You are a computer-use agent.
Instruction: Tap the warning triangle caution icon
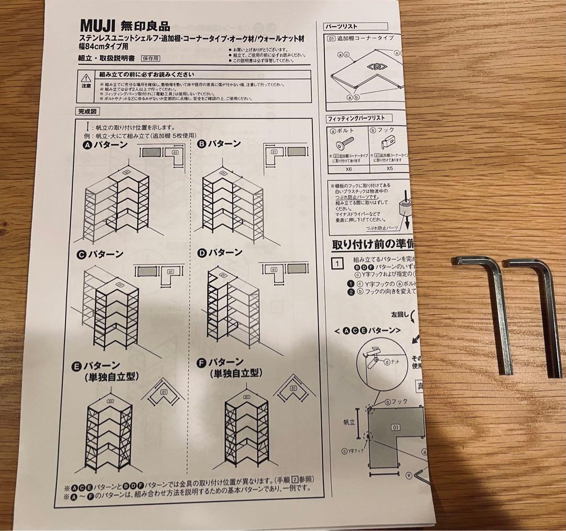[86, 77]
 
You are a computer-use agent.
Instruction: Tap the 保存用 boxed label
[150, 59]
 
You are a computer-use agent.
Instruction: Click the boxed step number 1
[338, 263]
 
